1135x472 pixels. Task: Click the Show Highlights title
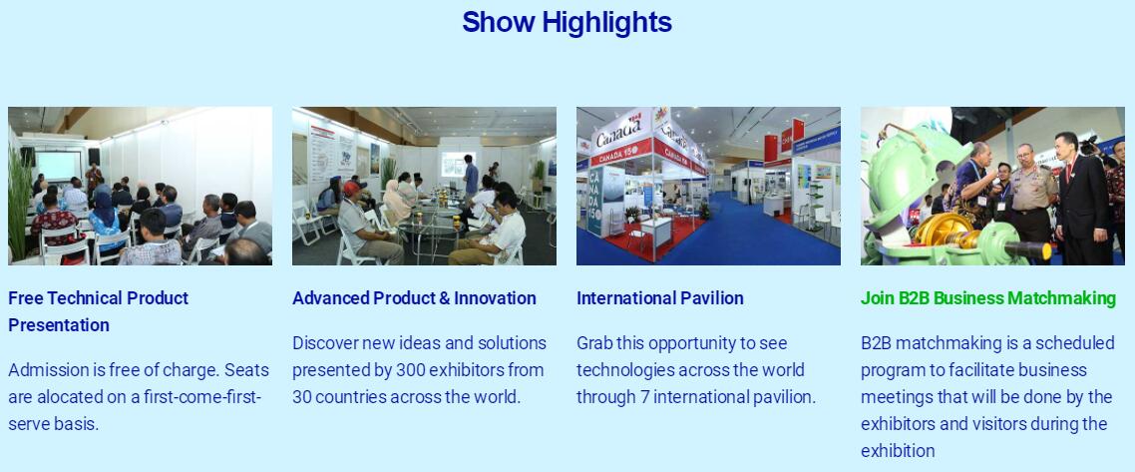[567, 22]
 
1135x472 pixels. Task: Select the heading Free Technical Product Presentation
[98, 311]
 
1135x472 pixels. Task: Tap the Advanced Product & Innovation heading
[414, 298]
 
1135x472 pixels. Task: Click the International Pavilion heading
[659, 298]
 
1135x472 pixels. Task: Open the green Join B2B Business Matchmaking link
[988, 298]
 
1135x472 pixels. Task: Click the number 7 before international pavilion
[644, 397]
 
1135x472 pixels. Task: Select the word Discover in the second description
[324, 343]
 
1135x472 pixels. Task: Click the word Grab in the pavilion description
[594, 343]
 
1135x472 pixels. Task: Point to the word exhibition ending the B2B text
[898, 451]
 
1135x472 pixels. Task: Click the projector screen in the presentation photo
[58, 165]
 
